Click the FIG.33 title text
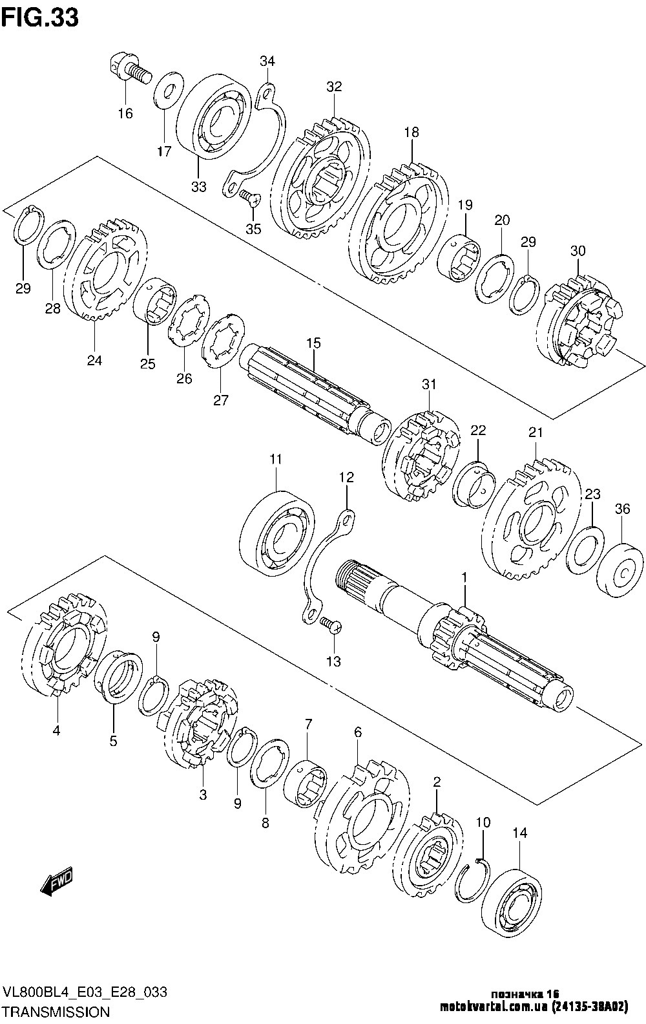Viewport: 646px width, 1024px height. pyautogui.click(x=40, y=18)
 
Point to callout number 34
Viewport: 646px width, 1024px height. pyautogui.click(x=267, y=61)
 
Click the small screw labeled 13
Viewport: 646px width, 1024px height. pyautogui.click(x=330, y=624)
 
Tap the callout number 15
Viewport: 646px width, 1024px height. pyautogui.click(x=313, y=343)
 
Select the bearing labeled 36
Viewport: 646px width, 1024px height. pyautogui.click(x=620, y=569)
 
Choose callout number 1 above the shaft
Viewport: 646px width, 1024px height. pyautogui.click(x=464, y=579)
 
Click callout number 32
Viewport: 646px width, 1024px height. pyautogui.click(x=334, y=87)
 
